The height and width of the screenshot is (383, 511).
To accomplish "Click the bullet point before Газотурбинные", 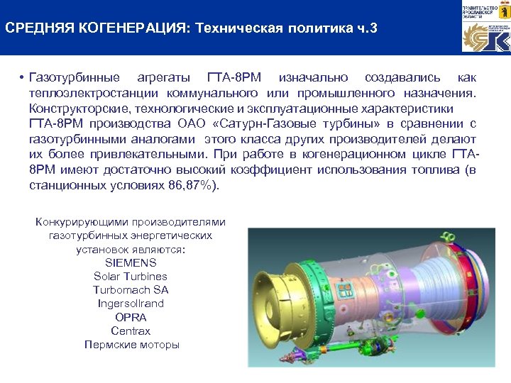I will tap(23, 77).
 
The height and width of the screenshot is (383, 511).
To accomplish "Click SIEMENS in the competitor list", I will tap(131, 262).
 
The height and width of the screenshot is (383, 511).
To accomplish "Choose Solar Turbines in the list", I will tap(131, 276).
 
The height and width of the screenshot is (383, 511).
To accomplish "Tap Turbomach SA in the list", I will tap(131, 289).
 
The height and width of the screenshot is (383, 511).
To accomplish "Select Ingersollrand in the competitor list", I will tap(131, 303).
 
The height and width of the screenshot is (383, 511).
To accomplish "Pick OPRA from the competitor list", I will tap(131, 317).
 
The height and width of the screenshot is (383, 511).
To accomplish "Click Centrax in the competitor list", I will tap(131, 331).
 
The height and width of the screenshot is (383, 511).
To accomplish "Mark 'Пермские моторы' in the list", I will tap(131, 345).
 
